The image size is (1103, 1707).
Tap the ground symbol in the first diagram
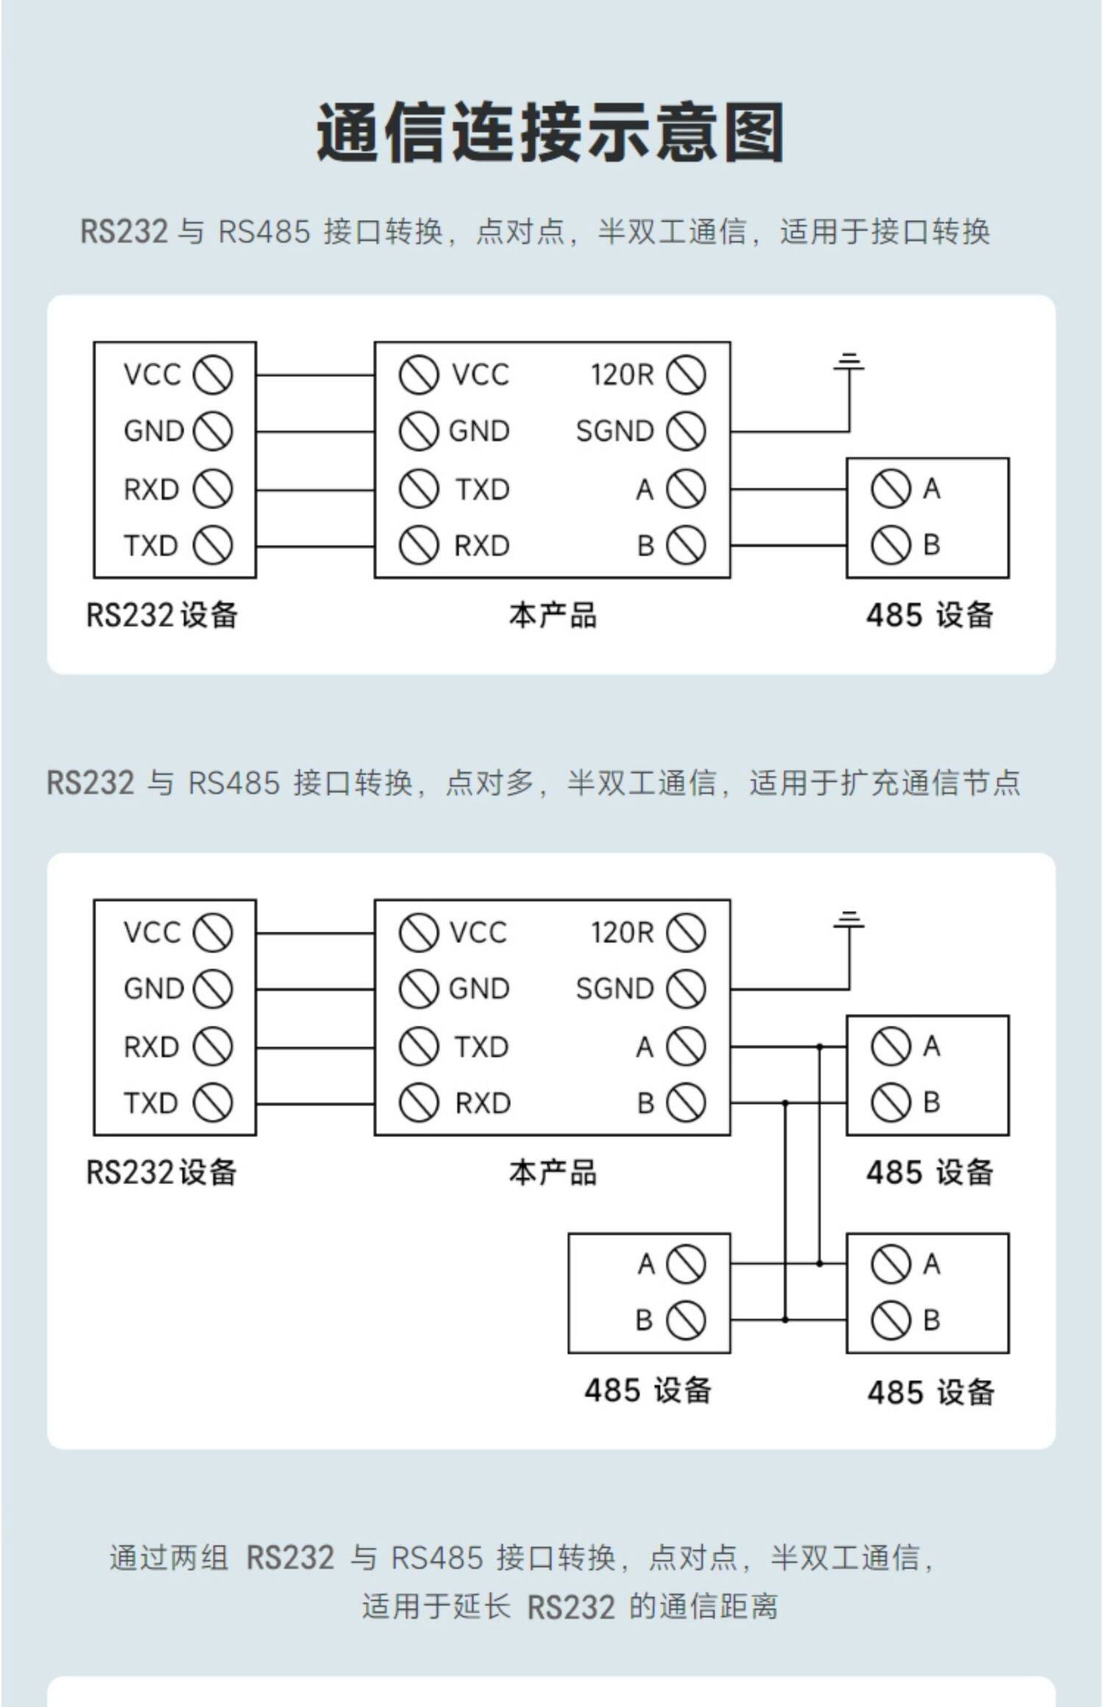849,362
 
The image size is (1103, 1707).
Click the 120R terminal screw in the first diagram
685,374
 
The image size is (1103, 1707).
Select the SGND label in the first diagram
614,432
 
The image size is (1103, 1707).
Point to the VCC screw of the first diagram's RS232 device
213,374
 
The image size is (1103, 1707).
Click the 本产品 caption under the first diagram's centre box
552,615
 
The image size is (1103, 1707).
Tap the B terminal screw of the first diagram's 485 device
890,545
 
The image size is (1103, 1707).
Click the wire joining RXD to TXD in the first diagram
315,490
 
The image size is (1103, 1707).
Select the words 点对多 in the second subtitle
490,782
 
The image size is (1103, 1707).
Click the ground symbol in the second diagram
849,920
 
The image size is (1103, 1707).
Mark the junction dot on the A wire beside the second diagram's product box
820,1046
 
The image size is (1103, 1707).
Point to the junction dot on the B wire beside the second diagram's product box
785,1103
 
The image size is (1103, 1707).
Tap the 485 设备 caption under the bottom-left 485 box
648,1390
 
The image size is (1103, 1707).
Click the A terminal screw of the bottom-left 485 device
685,1264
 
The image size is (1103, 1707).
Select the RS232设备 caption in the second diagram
162,1172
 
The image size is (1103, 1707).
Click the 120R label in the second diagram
622,932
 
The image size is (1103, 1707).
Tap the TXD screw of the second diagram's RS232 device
213,1103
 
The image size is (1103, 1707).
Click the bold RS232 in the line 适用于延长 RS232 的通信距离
571,1606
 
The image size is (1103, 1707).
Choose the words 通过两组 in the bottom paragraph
169,1558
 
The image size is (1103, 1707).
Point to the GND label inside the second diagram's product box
479,989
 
